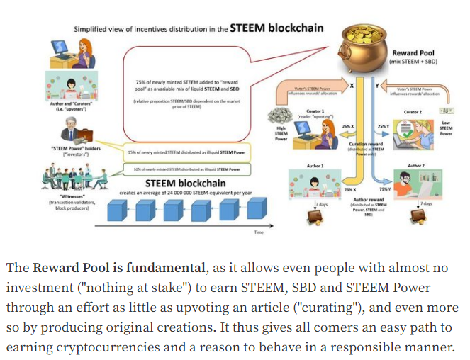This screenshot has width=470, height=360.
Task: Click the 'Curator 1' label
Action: click(x=316, y=112)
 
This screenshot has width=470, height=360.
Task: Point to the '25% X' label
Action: click(x=348, y=126)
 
